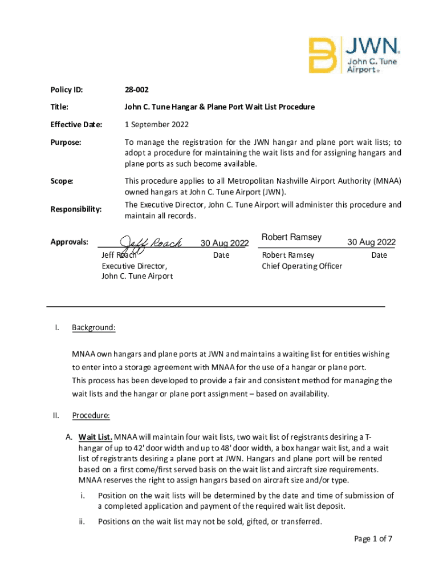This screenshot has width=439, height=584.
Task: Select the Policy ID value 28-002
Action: pyautogui.click(x=137, y=90)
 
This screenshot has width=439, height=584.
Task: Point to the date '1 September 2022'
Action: pyautogui.click(x=157, y=124)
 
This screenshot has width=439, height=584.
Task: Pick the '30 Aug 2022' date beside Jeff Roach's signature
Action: pyautogui.click(x=225, y=244)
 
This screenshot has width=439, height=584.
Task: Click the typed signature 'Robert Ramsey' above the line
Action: pyautogui.click(x=291, y=237)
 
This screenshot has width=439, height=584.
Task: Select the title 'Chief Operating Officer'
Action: pyautogui.click(x=302, y=266)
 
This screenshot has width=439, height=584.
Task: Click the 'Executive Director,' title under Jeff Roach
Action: pyautogui.click(x=135, y=266)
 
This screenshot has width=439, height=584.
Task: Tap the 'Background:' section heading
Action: pyautogui.click(x=94, y=328)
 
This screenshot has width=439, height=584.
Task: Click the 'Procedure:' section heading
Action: pyautogui.click(x=91, y=416)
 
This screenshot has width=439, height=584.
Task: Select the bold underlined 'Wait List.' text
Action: pyautogui.click(x=95, y=437)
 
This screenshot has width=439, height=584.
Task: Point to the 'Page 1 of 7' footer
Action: pyautogui.click(x=373, y=538)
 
